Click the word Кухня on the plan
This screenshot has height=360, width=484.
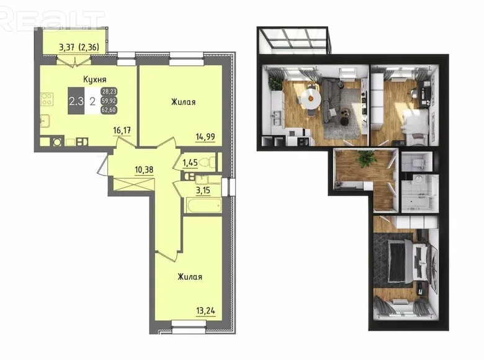[x=95, y=79]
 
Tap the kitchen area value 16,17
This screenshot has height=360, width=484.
[x=122, y=130]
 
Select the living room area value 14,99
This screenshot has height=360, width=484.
[x=205, y=137]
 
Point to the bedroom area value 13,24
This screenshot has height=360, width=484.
[x=205, y=310]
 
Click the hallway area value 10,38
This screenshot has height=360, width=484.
[x=144, y=169]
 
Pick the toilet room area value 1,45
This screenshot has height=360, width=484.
[x=190, y=163]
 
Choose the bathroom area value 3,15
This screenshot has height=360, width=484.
[x=203, y=190]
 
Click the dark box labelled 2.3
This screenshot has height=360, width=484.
[x=76, y=101]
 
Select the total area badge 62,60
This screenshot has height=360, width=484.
[x=109, y=110]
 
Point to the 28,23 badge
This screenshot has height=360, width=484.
[x=109, y=91]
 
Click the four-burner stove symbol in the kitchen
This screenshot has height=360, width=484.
[x=47, y=99]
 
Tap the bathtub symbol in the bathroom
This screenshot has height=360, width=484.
[x=204, y=205]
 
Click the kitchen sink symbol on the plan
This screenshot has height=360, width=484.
[x=45, y=120]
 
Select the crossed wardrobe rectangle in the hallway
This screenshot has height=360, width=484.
[x=133, y=184]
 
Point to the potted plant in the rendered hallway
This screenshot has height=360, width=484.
[x=366, y=158]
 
